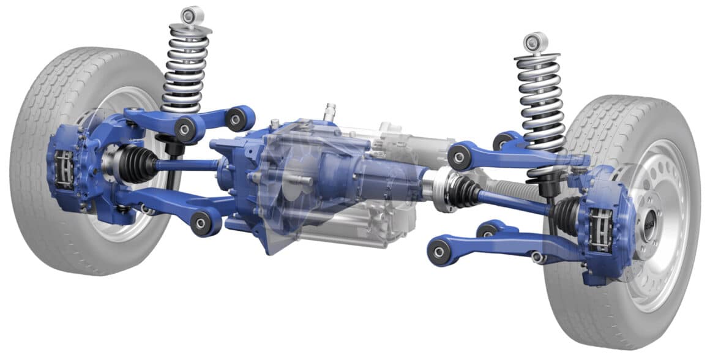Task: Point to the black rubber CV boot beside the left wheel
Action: coord(136,163)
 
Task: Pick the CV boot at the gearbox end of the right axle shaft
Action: coord(465,192)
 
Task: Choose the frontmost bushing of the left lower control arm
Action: coord(202,222)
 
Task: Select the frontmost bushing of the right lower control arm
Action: coord(439,252)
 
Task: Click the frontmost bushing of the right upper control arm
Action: coord(459,157)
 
